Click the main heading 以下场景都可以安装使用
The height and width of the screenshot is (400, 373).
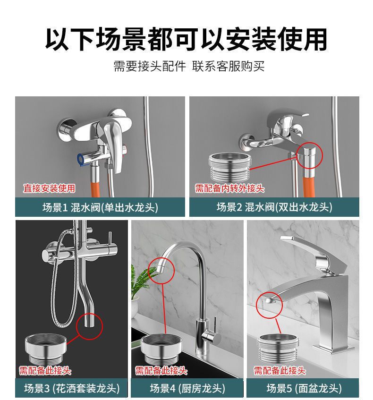pyautogui.click(x=186, y=39)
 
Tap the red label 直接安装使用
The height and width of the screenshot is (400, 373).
pyautogui.click(x=50, y=189)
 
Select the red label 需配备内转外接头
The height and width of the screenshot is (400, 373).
pyautogui.click(x=230, y=189)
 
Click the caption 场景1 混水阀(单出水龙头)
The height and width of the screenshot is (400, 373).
pyautogui.click(x=100, y=207)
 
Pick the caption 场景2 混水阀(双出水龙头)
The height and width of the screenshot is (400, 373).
pyautogui.click(x=274, y=207)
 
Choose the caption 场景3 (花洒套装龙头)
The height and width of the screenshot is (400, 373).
pyautogui.click(x=72, y=388)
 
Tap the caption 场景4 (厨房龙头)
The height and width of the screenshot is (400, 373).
pyautogui.click(x=187, y=388)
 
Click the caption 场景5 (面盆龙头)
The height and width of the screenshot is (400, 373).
pyautogui.click(x=304, y=388)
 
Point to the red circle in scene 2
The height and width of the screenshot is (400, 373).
pyautogui.click(x=309, y=155)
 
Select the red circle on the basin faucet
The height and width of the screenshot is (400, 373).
pyautogui.click(x=269, y=303)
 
